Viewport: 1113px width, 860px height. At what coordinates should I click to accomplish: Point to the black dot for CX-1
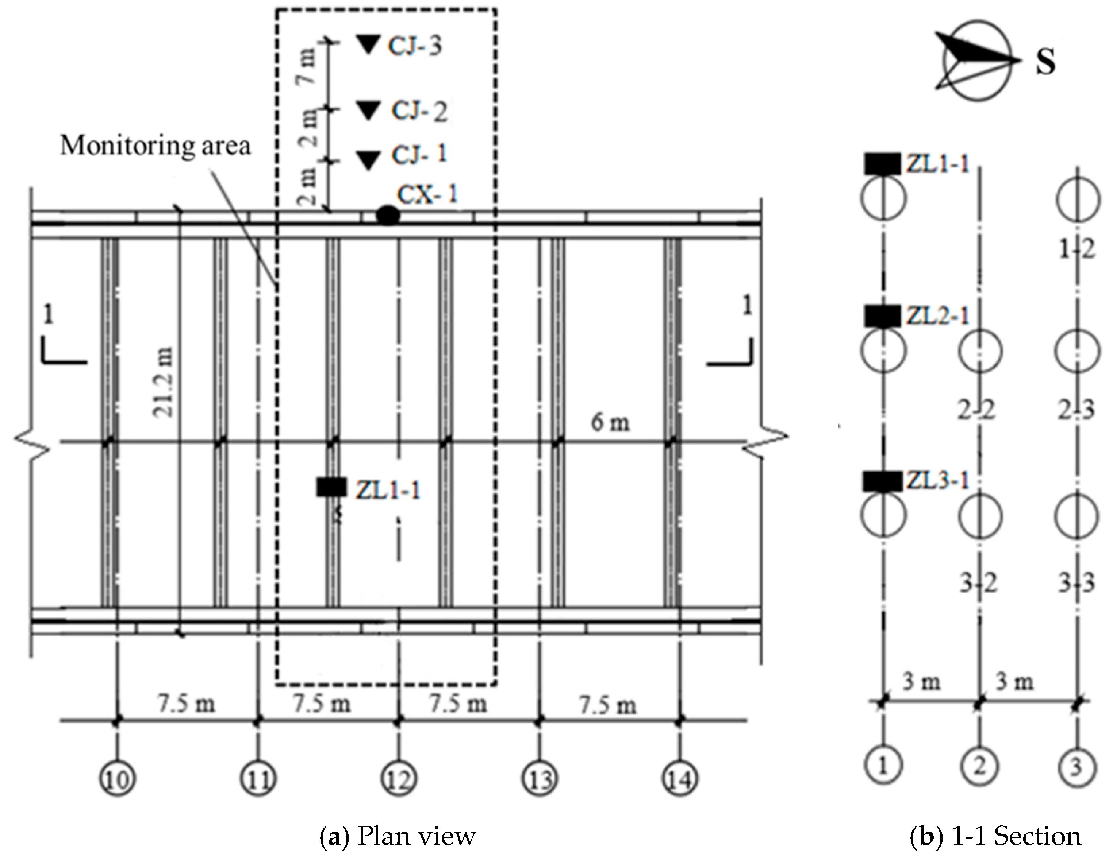[x=388, y=216]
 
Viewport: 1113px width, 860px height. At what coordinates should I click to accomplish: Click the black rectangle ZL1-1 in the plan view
[x=331, y=487]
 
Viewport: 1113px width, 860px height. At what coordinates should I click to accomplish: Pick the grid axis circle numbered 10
[x=118, y=779]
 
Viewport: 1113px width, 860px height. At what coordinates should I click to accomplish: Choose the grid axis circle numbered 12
[x=399, y=779]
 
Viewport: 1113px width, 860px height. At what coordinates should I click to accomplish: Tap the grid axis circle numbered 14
[x=680, y=779]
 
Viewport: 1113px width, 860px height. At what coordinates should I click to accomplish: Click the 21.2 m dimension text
[x=164, y=382]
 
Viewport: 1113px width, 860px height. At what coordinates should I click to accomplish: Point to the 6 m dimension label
[x=610, y=423]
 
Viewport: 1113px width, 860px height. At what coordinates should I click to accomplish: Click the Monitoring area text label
[x=156, y=146]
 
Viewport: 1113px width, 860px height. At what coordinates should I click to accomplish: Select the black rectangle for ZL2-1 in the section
[x=882, y=316]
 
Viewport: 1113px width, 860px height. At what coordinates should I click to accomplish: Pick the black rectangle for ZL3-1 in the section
[x=882, y=481]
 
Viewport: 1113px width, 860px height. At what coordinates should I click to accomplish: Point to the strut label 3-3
[x=1076, y=584]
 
